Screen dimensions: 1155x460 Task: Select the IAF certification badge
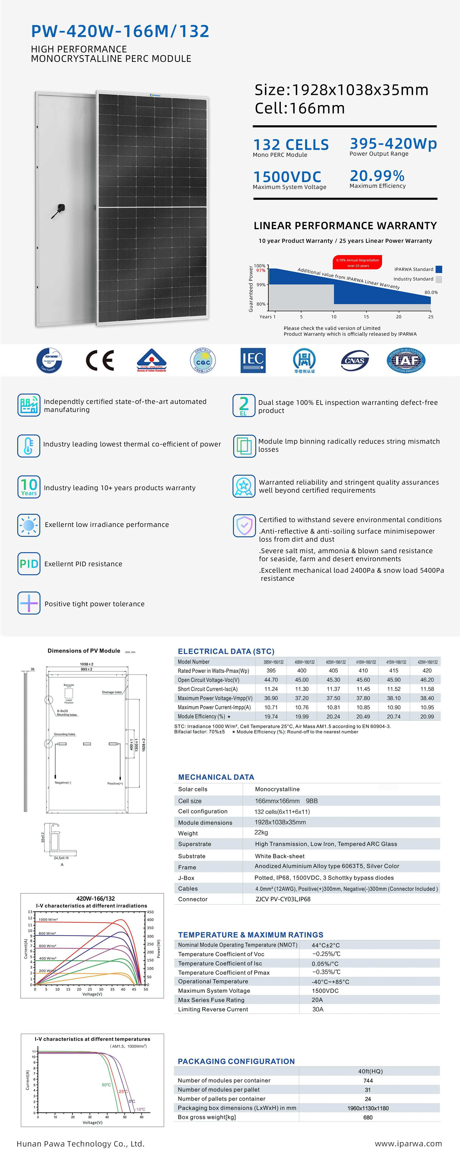point(406,360)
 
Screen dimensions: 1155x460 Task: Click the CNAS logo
point(354,360)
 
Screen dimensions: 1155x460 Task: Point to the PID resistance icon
point(29,564)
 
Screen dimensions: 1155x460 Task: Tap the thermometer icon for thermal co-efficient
point(29,446)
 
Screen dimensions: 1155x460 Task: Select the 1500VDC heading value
point(287,177)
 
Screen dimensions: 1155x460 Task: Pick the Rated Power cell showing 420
point(427,671)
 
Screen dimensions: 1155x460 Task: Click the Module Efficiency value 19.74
point(271,717)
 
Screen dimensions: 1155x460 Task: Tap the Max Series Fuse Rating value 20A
point(317,1000)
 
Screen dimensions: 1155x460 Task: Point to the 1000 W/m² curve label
point(48,920)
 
